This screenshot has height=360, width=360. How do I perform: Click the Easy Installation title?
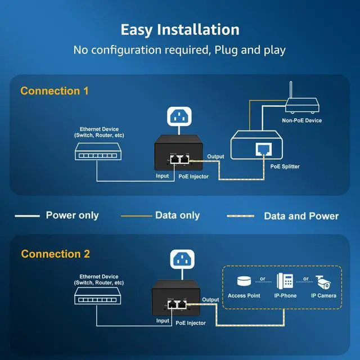[x=180, y=30]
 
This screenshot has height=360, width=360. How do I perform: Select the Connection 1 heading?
[x=55, y=91]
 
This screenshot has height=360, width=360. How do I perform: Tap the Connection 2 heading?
[x=55, y=254]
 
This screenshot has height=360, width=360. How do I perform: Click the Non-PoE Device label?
[x=302, y=120]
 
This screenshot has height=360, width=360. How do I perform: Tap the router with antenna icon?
[x=301, y=101]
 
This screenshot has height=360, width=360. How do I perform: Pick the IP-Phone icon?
[x=285, y=281]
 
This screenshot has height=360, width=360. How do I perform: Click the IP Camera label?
[x=324, y=296]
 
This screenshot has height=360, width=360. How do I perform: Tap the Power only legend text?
[x=72, y=215]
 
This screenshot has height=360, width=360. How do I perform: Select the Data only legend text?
[x=177, y=215]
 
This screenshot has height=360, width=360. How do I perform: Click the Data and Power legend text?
[x=301, y=216]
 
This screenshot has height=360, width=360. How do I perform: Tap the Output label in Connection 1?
[x=215, y=156]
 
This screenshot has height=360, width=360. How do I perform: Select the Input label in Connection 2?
[x=163, y=321]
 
